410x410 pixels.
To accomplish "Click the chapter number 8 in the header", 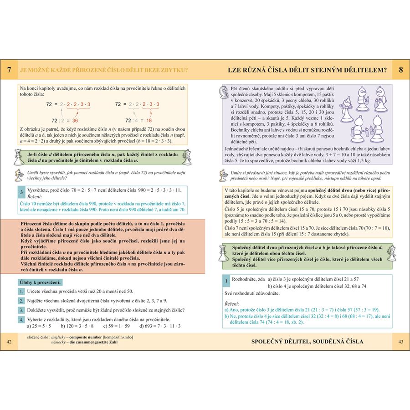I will (x=400, y=70).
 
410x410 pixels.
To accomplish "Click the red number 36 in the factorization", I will (x=75, y=121).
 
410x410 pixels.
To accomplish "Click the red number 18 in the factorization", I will (x=149, y=121).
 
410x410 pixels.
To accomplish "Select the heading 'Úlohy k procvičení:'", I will (x=40, y=282).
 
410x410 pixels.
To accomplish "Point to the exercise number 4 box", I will (x=21, y=319).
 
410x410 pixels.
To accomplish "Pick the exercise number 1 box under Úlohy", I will (x=21, y=291).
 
